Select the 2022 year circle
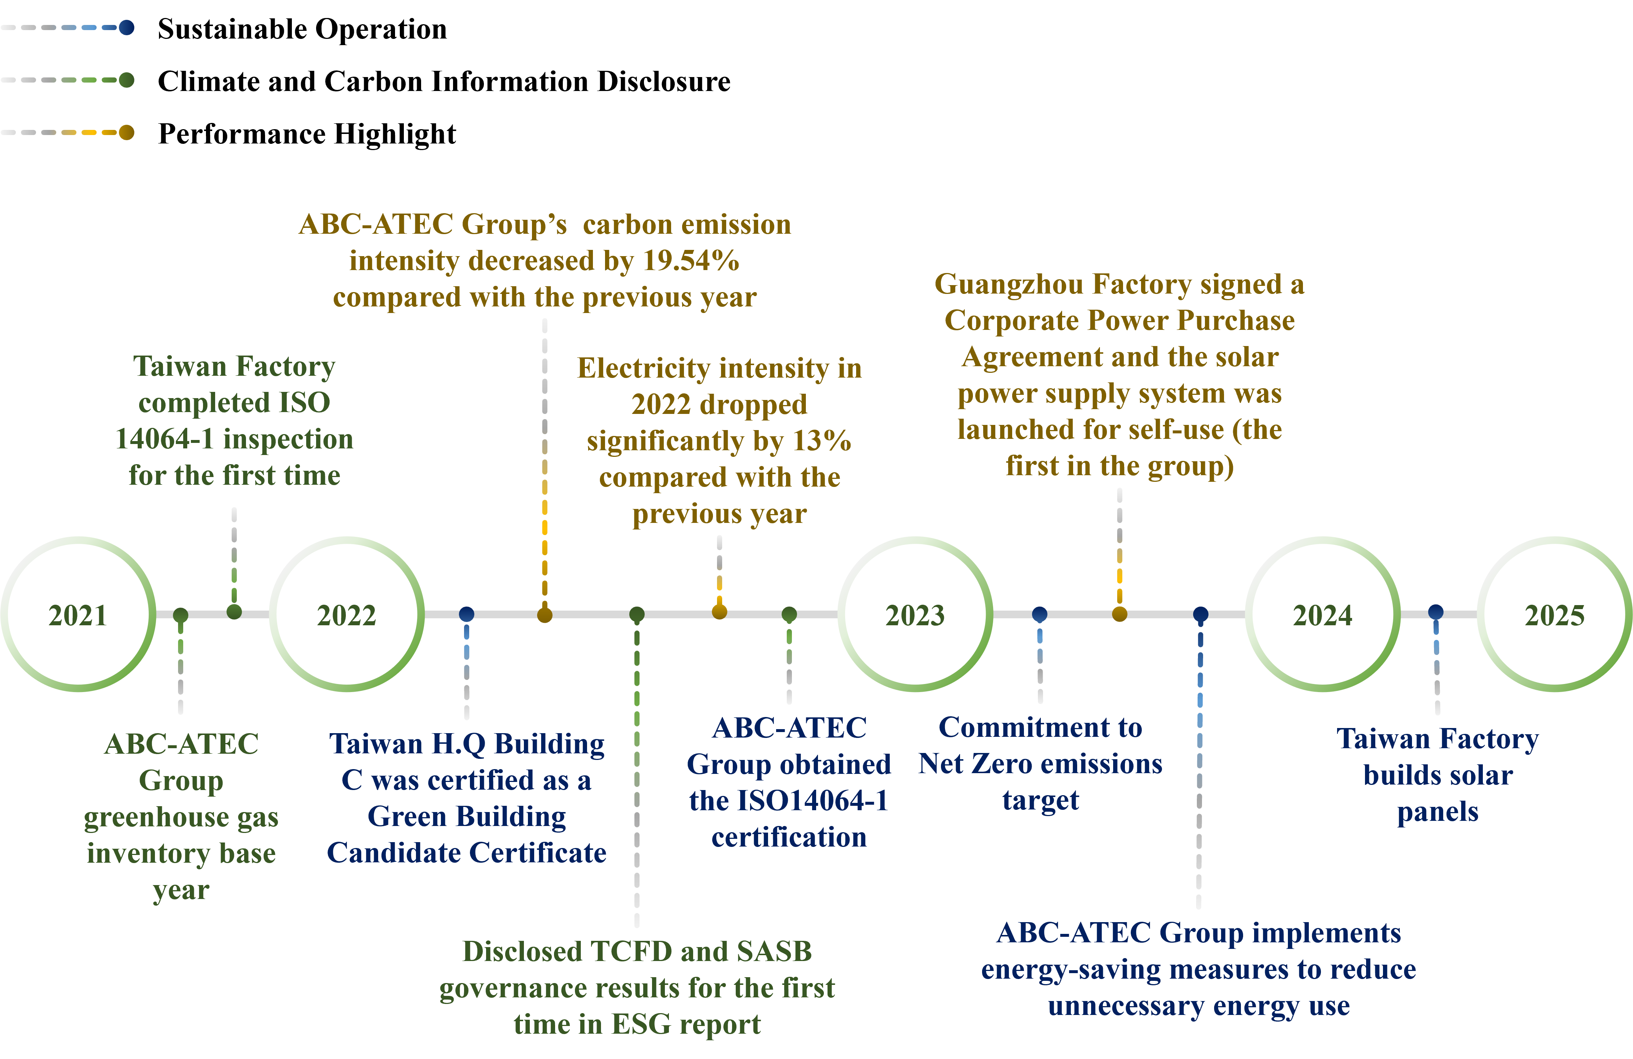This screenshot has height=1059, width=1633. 347,615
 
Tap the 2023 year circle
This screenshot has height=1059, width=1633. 915,615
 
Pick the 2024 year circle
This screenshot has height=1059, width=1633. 1322,615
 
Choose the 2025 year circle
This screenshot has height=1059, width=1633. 1554,615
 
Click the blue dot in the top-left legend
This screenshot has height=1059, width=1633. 126,28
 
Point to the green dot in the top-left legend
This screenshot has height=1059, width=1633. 126,80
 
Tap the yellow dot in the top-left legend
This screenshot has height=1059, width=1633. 126,132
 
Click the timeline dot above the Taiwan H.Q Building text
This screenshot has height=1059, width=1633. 467,614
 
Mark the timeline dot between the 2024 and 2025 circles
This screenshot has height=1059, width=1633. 1435,612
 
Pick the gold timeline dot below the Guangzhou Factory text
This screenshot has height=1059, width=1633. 1119,614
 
